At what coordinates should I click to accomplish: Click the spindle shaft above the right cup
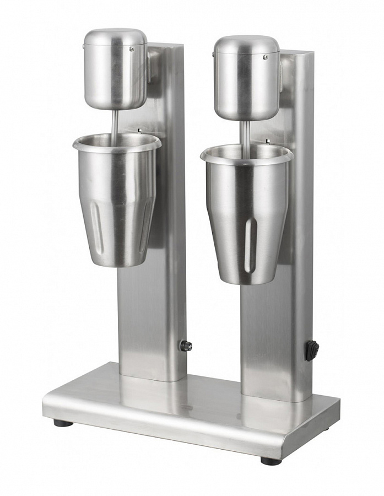tap(245, 132)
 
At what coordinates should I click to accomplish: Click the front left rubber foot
tap(63, 423)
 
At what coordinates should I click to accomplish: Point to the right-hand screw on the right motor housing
tap(264, 57)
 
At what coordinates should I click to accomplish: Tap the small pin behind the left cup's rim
tap(139, 131)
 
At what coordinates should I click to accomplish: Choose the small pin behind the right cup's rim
tap(267, 142)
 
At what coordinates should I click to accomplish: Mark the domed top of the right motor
tap(246, 44)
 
